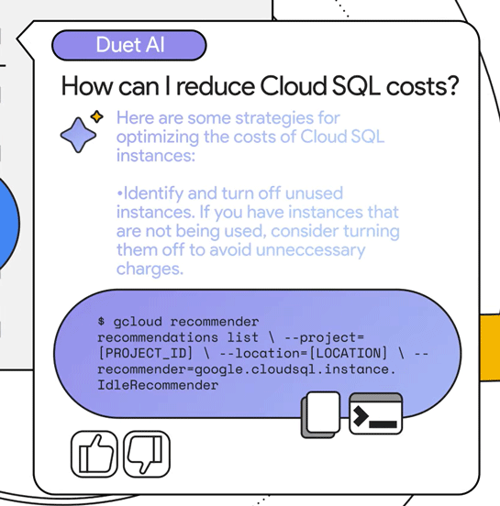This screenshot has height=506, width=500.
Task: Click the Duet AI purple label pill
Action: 129,45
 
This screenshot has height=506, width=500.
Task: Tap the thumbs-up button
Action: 94,454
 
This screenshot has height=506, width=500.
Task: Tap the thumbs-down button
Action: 147,454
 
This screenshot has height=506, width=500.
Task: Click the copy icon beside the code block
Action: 321,415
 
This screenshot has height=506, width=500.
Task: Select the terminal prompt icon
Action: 376,413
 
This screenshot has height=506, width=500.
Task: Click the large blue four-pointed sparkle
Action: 78,135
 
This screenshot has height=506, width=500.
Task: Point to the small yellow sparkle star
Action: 96,116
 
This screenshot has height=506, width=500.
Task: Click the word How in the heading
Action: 87,86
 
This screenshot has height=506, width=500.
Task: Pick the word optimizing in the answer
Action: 157,137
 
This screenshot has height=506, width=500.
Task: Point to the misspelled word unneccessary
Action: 310,250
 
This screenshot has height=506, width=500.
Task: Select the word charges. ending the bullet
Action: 150,269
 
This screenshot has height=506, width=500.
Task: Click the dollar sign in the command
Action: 101,321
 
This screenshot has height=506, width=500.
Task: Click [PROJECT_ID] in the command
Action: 145,353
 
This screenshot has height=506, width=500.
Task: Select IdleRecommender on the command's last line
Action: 158,385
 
